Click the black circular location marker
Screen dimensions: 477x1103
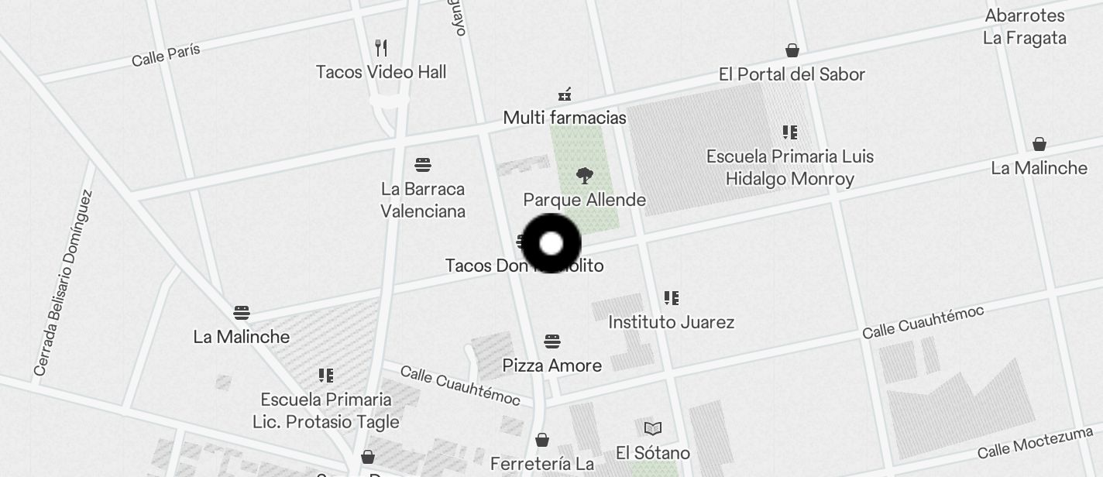click(x=551, y=243)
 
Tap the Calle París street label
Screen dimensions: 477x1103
click(x=166, y=54)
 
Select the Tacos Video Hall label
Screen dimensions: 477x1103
click(x=381, y=72)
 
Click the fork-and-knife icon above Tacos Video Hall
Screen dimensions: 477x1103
click(x=381, y=48)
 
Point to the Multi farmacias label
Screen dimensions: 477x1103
click(x=565, y=118)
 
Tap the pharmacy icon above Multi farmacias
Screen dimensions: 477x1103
click(x=565, y=94)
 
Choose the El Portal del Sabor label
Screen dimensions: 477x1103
click(x=792, y=74)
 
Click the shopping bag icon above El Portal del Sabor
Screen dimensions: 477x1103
click(x=792, y=51)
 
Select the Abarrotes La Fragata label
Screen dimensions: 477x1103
click(x=1025, y=27)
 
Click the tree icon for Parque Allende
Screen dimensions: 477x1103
click(x=585, y=176)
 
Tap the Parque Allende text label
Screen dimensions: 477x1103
click(x=585, y=200)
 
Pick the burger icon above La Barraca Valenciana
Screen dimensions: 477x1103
click(x=422, y=165)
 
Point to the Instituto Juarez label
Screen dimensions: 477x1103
click(x=672, y=322)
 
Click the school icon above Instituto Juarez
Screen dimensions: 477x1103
click(x=672, y=298)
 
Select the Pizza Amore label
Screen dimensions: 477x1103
click(x=552, y=365)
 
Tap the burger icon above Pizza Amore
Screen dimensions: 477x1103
click(x=552, y=341)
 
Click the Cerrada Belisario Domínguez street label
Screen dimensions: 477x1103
click(x=64, y=284)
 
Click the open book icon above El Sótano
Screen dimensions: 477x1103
click(x=653, y=428)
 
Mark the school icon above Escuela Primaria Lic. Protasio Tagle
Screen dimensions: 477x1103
click(x=326, y=376)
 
